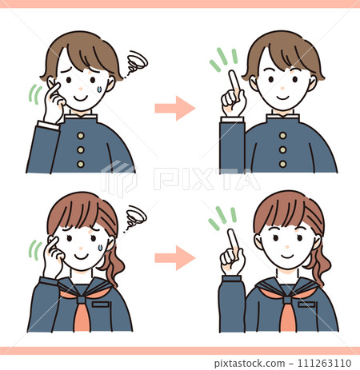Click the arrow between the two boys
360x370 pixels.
pyautogui.click(x=175, y=108)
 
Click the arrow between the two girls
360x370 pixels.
pyautogui.click(x=175, y=257)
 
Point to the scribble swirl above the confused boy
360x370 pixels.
pyautogui.click(x=137, y=62)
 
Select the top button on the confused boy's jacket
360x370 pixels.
pyautogui.click(x=81, y=133)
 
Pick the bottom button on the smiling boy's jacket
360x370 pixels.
pyautogui.click(x=282, y=163)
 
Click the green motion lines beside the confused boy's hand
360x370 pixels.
pyautogui.click(x=34, y=94)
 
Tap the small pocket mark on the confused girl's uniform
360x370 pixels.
pyautogui.click(x=100, y=304)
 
